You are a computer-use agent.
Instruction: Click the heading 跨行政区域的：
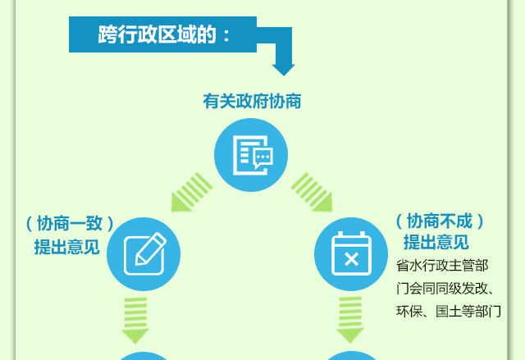(x=164, y=34)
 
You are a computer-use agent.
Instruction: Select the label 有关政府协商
(x=252, y=101)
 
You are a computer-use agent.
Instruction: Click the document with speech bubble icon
(x=251, y=155)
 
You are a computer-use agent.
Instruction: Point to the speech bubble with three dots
(x=262, y=157)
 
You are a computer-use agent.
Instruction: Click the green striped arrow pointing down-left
(x=191, y=193)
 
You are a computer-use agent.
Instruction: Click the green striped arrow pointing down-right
(x=312, y=193)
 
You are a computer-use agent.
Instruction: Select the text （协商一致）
(x=70, y=224)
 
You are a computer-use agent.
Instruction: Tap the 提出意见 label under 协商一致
(x=67, y=247)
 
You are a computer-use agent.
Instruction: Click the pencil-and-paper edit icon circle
(x=144, y=254)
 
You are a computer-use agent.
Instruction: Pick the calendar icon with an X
(x=351, y=254)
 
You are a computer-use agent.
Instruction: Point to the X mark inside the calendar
(x=351, y=259)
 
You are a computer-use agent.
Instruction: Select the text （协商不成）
(x=440, y=221)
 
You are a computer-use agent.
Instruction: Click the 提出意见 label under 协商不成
(x=436, y=242)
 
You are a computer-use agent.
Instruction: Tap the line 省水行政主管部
(x=442, y=266)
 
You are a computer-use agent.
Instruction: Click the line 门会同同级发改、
(x=445, y=289)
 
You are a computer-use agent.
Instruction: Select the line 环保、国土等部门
(x=449, y=312)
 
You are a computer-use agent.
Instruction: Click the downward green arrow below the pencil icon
(x=135, y=321)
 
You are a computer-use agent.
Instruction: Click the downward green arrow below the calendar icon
(x=350, y=320)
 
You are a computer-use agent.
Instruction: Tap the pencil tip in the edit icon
(x=137, y=263)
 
